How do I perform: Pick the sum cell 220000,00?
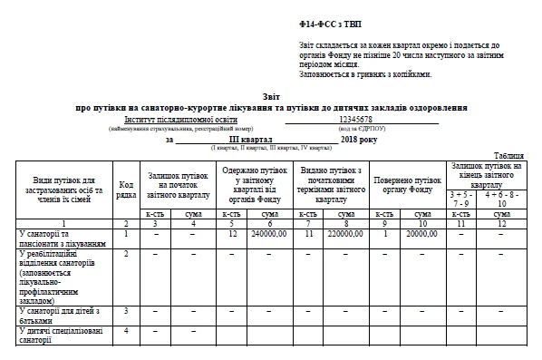pos(345,233)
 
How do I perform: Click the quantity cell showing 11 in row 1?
pos(308,233)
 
